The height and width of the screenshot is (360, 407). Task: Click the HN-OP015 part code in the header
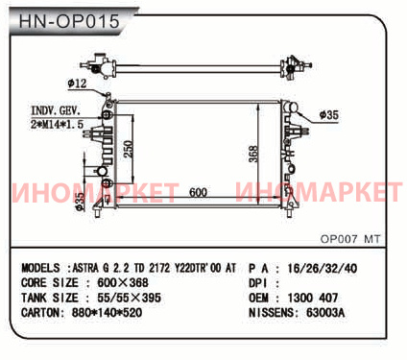69,21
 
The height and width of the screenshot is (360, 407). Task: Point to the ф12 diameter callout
77,84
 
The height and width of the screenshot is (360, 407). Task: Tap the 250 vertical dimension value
129,149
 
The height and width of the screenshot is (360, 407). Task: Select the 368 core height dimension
253,154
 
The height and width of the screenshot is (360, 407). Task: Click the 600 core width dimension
198,192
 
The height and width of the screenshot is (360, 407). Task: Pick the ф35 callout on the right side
329,114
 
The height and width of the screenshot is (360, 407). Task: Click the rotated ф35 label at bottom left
81,202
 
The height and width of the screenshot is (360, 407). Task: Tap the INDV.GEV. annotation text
56,110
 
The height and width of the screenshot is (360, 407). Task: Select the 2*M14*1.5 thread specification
58,124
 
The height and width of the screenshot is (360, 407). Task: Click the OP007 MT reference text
350,239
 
